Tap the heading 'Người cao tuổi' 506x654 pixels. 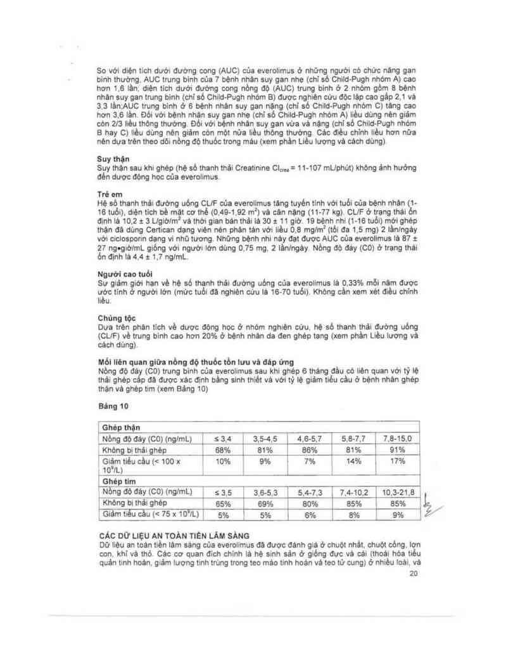click(120, 274)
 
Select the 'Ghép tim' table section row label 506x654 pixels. click(117, 481)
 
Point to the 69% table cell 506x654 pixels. click(266, 503)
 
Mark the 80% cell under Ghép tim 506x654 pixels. click(310, 503)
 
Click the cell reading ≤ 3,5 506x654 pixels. click(223, 492)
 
